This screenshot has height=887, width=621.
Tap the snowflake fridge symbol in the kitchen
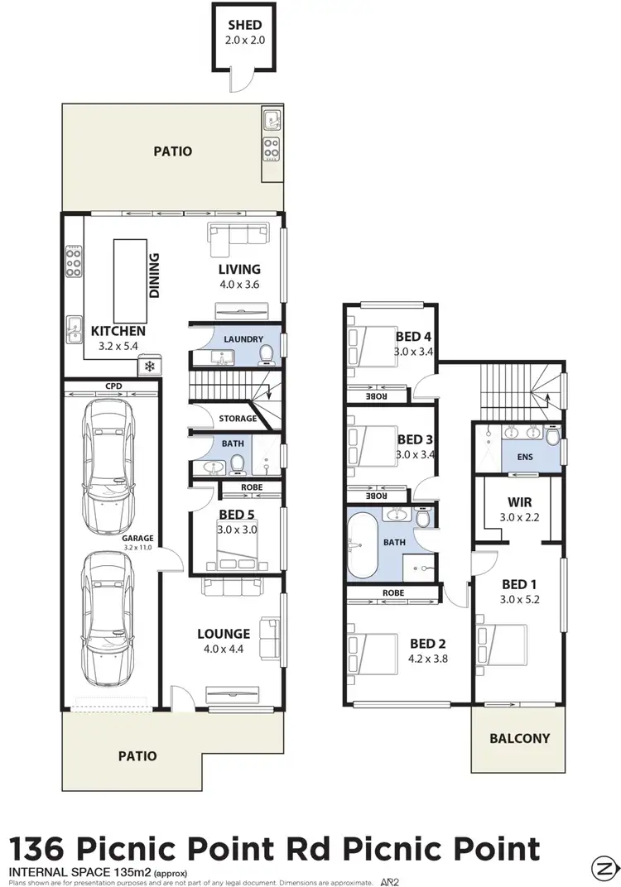coord(150,366)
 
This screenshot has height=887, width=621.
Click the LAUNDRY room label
coord(243,339)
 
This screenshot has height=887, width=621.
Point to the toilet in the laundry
coord(267,355)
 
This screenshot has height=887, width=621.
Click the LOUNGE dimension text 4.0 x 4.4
coord(224,649)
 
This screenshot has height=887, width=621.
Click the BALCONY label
coord(520,738)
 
